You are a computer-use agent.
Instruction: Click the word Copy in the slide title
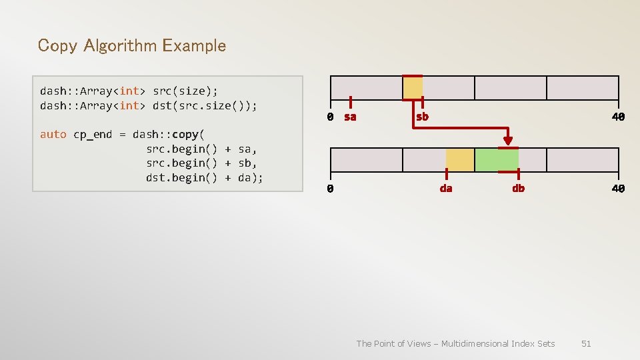(x=53, y=46)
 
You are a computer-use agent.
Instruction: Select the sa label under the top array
(x=350, y=117)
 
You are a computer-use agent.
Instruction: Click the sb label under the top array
(x=422, y=117)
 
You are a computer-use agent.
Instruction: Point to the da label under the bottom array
(x=446, y=189)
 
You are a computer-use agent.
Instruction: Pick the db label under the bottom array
(x=518, y=189)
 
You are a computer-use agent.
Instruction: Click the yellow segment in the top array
(x=413, y=88)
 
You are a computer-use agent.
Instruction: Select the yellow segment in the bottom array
(x=460, y=160)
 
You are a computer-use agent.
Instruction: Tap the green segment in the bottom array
(x=496, y=160)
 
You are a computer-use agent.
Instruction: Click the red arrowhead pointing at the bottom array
(x=508, y=141)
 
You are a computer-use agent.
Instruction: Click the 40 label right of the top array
(x=619, y=117)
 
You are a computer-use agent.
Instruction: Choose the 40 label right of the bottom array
(x=619, y=189)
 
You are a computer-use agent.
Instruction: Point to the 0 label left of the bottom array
(x=330, y=189)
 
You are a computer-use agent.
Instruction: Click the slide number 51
(x=586, y=343)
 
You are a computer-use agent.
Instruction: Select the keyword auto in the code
(x=53, y=134)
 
